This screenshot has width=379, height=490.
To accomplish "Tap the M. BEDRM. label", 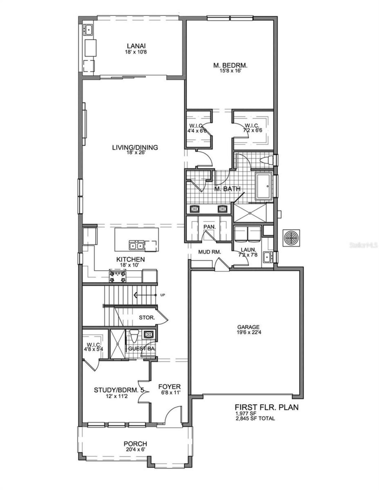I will pos(230,65).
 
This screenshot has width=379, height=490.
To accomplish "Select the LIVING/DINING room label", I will pos(135,147).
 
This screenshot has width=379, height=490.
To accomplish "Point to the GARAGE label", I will pos(248,327).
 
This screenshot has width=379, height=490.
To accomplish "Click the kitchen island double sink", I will pos(136,245).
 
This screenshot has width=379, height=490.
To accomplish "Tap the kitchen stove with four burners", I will pos(117,276).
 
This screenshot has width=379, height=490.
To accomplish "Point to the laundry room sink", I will pos(267,257).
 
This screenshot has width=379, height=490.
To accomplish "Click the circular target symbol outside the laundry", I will pos(291,238).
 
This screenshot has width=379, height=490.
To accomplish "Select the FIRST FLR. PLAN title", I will pos(266,407).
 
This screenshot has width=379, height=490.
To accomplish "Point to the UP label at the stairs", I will pos(162,295).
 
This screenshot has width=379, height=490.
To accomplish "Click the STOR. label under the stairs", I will pos(147,318).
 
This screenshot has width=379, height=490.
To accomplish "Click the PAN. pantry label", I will pos(209,227).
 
